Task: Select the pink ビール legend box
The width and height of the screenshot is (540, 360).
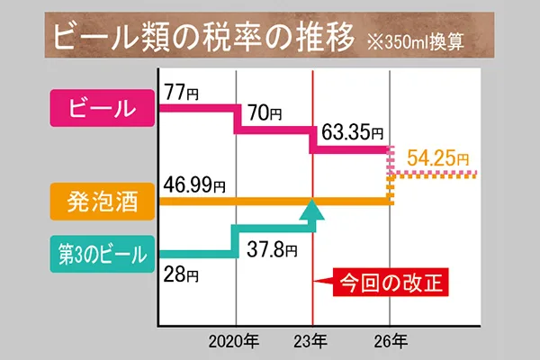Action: pos(100,109)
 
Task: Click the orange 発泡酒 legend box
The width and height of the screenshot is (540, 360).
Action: pos(100,200)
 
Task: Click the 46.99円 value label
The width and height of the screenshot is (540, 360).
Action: pos(194,185)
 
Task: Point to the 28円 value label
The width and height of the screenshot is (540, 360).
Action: pos(180,274)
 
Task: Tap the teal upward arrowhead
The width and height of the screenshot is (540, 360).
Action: pos(311,211)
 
